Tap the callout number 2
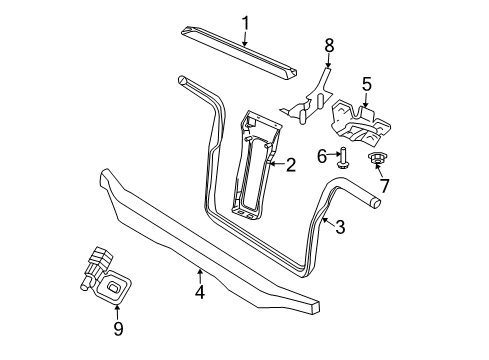pos(291,166)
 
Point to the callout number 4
pos(199,292)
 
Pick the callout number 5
pos(366,84)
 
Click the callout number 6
pos(322,155)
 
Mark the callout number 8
pos(327,44)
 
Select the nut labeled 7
pos(379,159)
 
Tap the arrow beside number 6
pos(333,155)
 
